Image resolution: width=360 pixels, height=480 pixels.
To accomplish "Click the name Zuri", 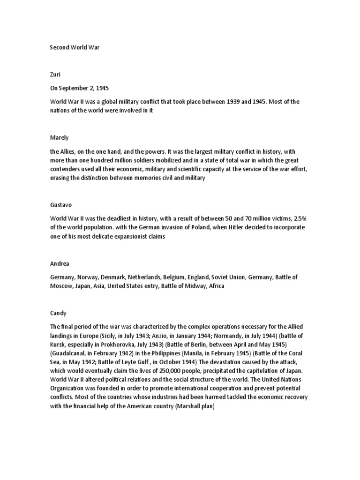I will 55,74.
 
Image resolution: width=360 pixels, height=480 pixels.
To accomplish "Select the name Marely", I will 59,138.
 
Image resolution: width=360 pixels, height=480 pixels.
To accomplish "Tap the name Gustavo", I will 61,205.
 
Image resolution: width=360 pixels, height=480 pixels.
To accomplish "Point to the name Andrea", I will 60,264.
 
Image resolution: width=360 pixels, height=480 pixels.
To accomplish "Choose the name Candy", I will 58,313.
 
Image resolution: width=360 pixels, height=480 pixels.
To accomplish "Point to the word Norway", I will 89,277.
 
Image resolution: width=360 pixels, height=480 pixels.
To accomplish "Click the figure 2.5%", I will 298,218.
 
